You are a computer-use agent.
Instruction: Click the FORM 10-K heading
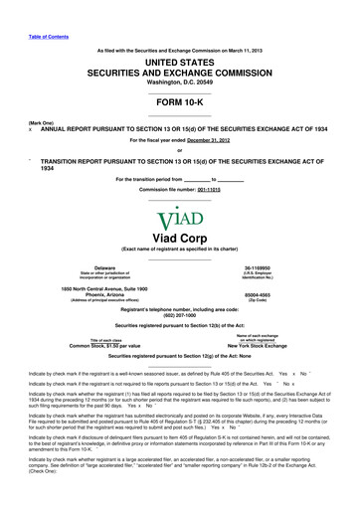pos(179,107)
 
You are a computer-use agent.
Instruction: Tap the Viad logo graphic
pos(179,210)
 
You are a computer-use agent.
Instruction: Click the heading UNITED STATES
pos(179,61)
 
